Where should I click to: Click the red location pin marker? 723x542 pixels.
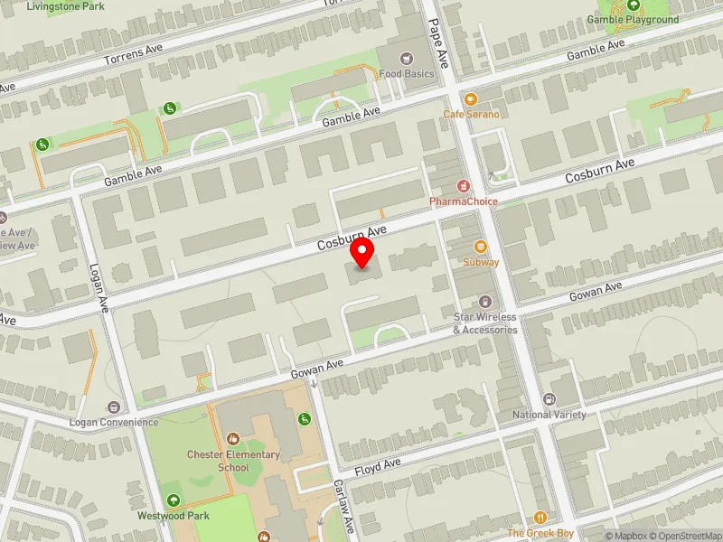[x=362, y=254]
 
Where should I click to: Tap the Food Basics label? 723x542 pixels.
[x=407, y=73]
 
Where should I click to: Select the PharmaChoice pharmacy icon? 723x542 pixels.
[x=464, y=186]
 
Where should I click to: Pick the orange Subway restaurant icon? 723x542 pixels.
[x=480, y=247]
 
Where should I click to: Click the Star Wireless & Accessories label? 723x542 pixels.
[x=484, y=323]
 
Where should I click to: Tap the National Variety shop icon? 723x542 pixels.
[x=549, y=399]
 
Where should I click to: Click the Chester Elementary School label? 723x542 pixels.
[x=233, y=461]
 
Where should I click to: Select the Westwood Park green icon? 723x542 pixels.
[x=173, y=500]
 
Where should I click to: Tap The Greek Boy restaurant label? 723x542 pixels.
[x=540, y=533]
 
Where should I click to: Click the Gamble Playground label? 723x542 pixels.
[x=633, y=19]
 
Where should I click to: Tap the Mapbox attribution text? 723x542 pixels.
[x=624, y=536]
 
